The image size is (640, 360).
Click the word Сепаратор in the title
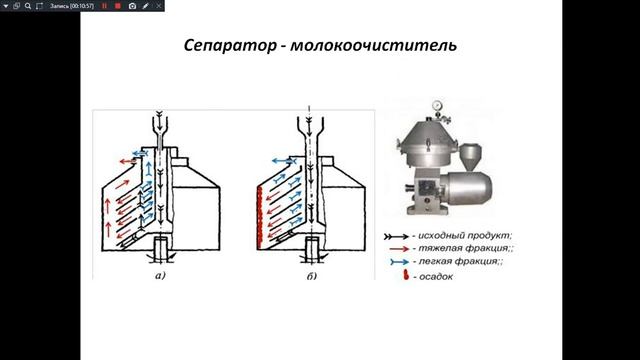[x=230, y=45]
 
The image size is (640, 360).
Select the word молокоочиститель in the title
[x=373, y=45]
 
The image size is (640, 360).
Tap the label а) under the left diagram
[x=160, y=276]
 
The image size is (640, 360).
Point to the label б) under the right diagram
[x=311, y=276]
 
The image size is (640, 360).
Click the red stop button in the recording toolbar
[x=118, y=6]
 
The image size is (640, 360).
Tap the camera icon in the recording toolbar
[x=132, y=6]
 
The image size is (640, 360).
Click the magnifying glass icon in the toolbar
[x=28, y=6]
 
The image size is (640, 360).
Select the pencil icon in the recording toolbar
[x=146, y=6]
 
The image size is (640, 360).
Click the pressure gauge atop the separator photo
[x=437, y=105]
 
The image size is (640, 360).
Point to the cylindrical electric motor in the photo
[x=467, y=188]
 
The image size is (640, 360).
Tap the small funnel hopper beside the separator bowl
[x=471, y=158]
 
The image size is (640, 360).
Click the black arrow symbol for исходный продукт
[x=396, y=237]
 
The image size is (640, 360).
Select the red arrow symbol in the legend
[x=399, y=249]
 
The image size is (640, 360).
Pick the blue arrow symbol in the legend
[x=399, y=262]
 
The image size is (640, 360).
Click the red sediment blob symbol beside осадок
[x=406, y=276]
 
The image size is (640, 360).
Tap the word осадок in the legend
[x=436, y=277]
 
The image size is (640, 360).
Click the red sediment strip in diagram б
[x=259, y=217]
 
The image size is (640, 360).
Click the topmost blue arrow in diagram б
[x=284, y=162]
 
